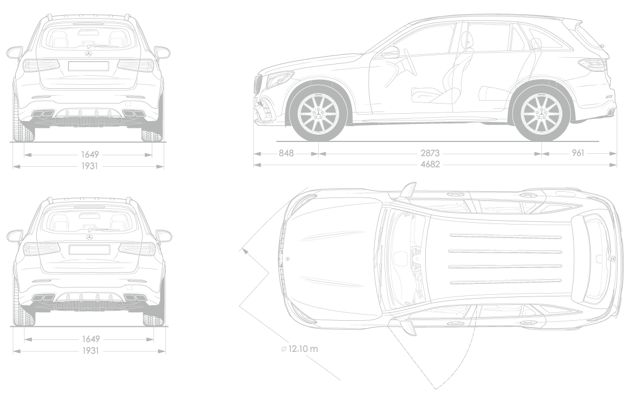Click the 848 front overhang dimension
286,153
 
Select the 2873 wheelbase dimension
430,153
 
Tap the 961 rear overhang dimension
578,153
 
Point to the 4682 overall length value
430,165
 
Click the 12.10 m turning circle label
300,349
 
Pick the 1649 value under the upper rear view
90,154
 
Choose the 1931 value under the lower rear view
91,351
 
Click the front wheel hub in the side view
318,112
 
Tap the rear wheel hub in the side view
542,112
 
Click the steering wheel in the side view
409,62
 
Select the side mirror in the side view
390,52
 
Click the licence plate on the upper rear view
88,66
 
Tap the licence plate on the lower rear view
89,249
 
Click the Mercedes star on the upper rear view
89,54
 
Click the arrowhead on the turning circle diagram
245,251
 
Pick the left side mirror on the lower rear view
15,236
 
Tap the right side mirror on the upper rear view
162,52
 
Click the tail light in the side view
592,64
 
